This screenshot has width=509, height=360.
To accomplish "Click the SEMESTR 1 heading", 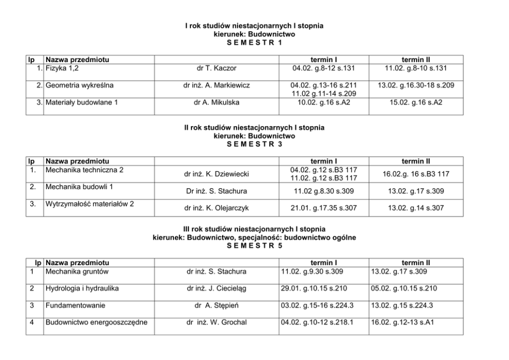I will click(254, 43).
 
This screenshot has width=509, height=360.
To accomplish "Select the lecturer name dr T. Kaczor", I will click(217, 68).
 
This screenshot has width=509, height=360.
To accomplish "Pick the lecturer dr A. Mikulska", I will click(217, 103).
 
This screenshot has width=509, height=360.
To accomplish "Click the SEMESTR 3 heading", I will click(254, 144).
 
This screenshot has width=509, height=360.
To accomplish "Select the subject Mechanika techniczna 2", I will click(85, 170).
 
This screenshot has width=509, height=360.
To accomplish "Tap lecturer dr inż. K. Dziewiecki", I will click(217, 174).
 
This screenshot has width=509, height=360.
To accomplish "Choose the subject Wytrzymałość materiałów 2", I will click(90, 204).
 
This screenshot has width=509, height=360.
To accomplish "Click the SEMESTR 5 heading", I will click(254, 246).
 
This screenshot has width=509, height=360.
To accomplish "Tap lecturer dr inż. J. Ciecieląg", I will click(217, 289).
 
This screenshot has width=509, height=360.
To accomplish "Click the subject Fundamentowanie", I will click(75, 306).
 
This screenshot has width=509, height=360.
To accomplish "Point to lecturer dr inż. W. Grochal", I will click(217, 323).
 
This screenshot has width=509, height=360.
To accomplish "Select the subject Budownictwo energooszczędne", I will click(96, 323).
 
